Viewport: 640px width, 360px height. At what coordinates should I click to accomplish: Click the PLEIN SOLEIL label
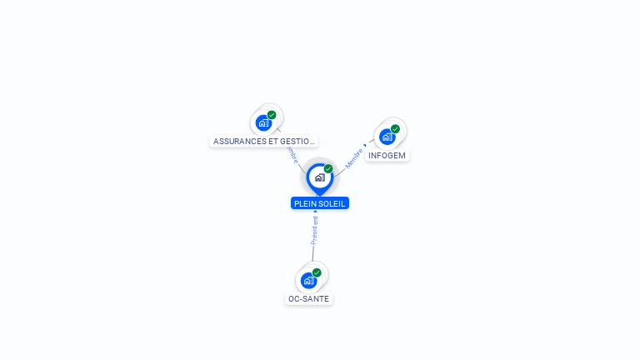click(320, 203)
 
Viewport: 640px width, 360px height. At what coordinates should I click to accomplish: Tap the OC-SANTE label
click(308, 298)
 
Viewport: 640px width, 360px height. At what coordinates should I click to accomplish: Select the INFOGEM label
click(387, 155)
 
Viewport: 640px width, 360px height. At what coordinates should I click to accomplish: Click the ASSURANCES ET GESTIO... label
click(263, 141)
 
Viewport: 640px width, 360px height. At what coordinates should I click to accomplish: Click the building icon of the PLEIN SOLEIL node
click(319, 177)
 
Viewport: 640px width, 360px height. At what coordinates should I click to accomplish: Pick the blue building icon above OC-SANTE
click(308, 280)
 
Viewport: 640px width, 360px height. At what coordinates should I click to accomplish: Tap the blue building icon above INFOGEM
click(387, 137)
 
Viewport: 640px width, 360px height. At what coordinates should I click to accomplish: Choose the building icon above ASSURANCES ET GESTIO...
click(263, 122)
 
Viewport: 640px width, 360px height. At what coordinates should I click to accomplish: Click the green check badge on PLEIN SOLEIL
click(328, 169)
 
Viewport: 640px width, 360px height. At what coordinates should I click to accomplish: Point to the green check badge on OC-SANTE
click(317, 272)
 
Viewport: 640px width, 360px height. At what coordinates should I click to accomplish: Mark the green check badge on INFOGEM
click(395, 129)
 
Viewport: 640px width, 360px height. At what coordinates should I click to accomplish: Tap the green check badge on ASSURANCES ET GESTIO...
click(272, 115)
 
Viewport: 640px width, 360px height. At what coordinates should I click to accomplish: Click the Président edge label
click(314, 230)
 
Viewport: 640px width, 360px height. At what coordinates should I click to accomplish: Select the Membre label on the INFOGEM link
click(354, 159)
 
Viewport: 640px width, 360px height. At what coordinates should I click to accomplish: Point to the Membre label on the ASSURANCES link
click(291, 155)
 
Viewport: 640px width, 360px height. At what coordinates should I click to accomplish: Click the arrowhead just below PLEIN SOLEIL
click(315, 212)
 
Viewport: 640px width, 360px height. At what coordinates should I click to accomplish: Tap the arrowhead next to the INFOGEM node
click(365, 145)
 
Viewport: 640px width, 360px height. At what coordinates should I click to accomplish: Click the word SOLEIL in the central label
click(332, 203)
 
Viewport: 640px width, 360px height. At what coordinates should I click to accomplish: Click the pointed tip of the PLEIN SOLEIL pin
click(319, 195)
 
